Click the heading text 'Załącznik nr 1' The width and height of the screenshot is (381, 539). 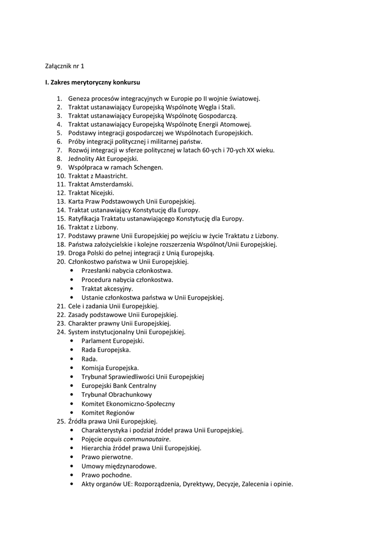click(x=64, y=66)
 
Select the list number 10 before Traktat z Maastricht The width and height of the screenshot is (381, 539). click(x=60, y=176)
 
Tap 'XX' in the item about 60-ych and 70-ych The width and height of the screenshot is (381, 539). click(x=252, y=150)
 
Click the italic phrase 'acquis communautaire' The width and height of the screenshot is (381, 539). click(x=137, y=439)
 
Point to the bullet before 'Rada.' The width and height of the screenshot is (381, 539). click(x=71, y=358)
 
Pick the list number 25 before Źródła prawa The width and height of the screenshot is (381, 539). click(x=60, y=421)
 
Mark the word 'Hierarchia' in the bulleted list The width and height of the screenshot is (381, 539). click(x=97, y=448)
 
